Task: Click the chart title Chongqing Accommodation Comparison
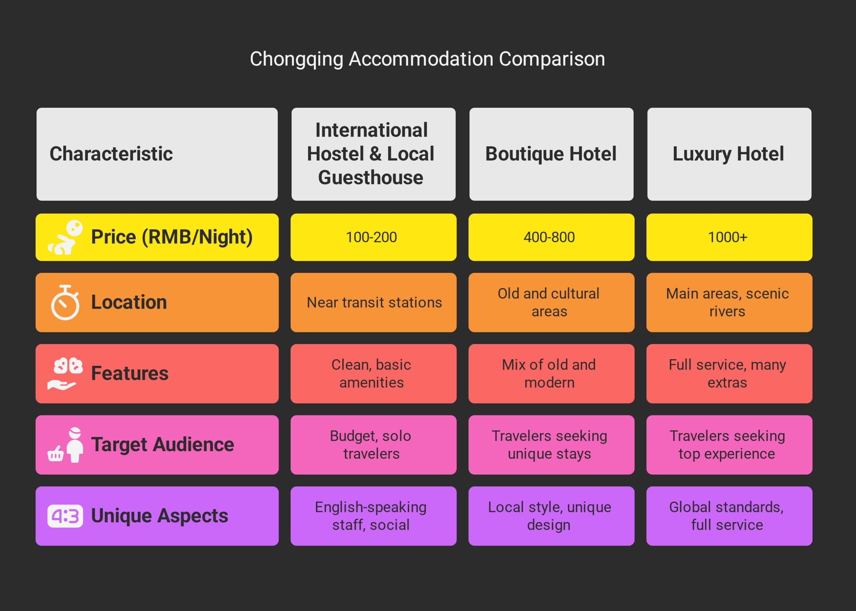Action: click(x=427, y=59)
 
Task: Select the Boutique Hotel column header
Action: click(x=551, y=154)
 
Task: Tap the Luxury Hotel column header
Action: click(x=729, y=154)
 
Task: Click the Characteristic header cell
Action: click(x=111, y=154)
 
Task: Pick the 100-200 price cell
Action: click(x=371, y=237)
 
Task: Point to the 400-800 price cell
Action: click(x=549, y=237)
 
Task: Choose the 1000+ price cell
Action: click(x=727, y=237)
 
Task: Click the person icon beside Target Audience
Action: click(x=75, y=445)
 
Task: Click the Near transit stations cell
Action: click(x=374, y=302)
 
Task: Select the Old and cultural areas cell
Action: click(x=549, y=302)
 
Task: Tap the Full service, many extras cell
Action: click(x=727, y=374)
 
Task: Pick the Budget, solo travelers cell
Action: click(x=371, y=445)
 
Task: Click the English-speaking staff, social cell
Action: click(x=371, y=516)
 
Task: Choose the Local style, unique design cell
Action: click(x=549, y=516)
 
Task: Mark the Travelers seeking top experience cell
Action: click(x=727, y=445)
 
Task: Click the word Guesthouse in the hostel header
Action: click(x=371, y=178)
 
